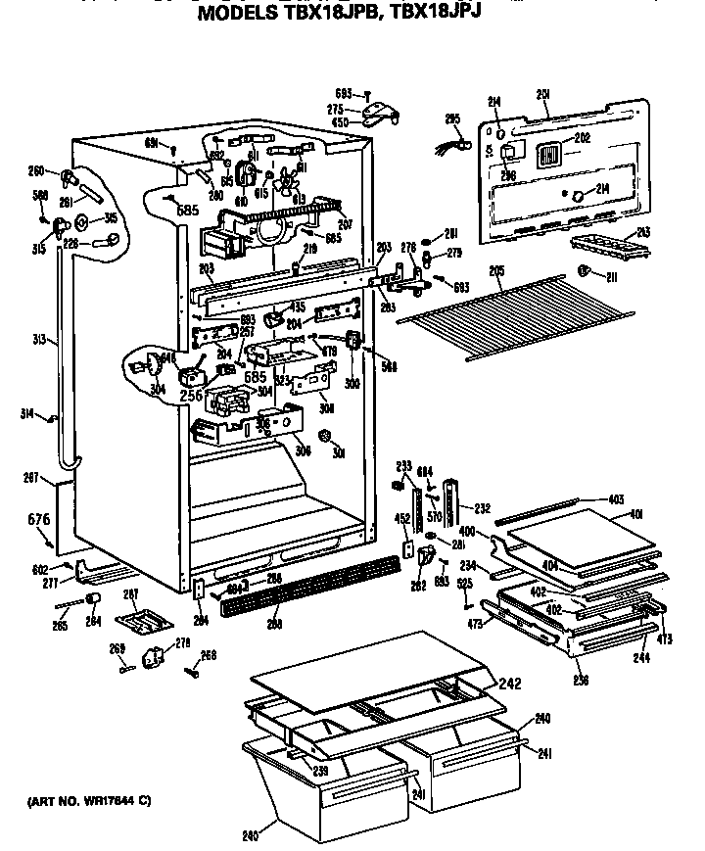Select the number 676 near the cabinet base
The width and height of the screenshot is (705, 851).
click(x=36, y=517)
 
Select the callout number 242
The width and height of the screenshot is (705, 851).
click(x=510, y=684)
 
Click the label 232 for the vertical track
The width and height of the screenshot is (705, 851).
click(x=481, y=508)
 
